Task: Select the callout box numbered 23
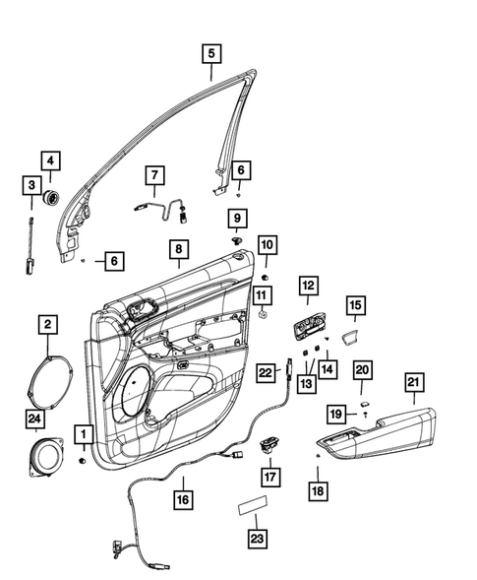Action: coord(255,539)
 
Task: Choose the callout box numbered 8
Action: coord(178,251)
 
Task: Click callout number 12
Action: coord(308,287)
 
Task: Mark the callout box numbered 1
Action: coord(84,433)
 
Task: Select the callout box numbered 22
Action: coord(266,373)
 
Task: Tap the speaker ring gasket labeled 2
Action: coord(47,380)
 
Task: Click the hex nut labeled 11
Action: coord(264,315)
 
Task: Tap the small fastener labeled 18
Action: coord(318,458)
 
